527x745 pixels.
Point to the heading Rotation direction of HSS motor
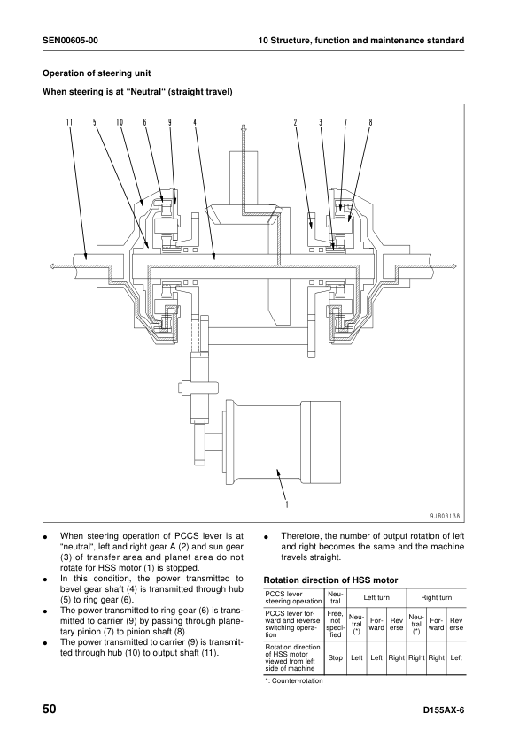[330, 580]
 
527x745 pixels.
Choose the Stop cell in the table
[335, 657]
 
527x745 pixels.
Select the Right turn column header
[436, 598]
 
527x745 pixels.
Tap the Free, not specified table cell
[335, 623]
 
